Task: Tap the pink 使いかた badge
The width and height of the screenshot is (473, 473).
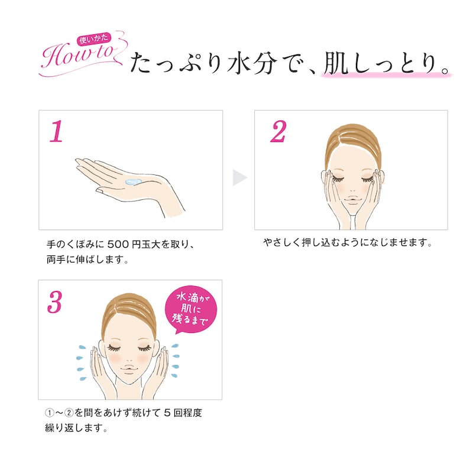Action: (x=94, y=39)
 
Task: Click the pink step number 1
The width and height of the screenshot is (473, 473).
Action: (x=57, y=131)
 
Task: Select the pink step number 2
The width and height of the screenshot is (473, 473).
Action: (x=278, y=131)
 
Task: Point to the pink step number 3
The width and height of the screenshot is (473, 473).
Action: (x=54, y=302)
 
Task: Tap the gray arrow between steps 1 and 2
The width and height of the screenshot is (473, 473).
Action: (x=239, y=177)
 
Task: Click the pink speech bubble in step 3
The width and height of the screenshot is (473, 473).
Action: (x=190, y=309)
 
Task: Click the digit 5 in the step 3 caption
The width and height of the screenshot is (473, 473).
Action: (x=167, y=413)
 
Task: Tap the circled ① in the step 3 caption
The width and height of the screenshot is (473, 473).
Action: (x=49, y=413)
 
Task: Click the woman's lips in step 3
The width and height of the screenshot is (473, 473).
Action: (x=128, y=369)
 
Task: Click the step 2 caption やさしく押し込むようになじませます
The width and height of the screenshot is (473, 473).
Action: (x=348, y=242)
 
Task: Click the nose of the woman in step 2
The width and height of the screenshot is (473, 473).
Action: (x=352, y=189)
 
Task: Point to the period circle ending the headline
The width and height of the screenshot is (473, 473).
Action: (x=446, y=70)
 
